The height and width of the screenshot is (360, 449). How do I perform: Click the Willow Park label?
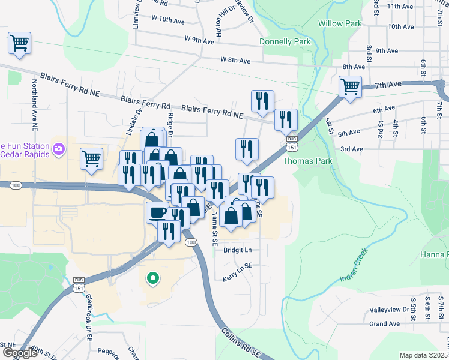click(x=345, y=23)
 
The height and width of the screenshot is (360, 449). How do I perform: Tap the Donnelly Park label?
click(x=285, y=42)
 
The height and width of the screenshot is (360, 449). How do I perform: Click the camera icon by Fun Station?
click(x=59, y=148)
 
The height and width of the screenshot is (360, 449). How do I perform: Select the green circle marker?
click(x=152, y=278)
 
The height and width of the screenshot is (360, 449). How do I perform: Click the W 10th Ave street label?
click(x=168, y=20)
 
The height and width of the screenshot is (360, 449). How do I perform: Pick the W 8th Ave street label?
click(x=235, y=60)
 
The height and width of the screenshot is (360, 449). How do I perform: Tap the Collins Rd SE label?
click(x=240, y=343)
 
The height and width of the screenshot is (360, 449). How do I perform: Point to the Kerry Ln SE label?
click(x=237, y=271)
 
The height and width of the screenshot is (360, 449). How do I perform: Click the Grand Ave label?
click(x=385, y=324)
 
